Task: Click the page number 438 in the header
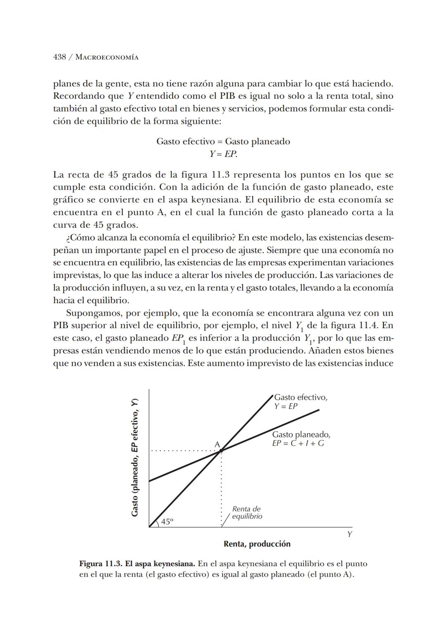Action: [x=60, y=57]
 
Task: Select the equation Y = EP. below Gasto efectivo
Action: [x=223, y=154]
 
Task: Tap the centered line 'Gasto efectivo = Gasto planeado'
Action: [x=223, y=141]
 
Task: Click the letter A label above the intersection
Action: [x=217, y=444]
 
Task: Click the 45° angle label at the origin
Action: [x=167, y=521]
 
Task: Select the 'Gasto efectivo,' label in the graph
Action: [x=301, y=397]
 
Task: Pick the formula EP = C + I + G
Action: [x=298, y=444]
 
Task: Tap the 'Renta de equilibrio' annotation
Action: [x=247, y=513]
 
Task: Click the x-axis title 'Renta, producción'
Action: [x=257, y=544]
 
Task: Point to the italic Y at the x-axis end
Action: [x=349, y=534]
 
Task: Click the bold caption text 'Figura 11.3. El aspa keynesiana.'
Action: [x=137, y=564]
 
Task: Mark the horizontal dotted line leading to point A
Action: [x=184, y=451]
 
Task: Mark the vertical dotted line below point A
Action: [x=221, y=487]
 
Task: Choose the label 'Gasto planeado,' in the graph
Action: [x=301, y=434]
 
